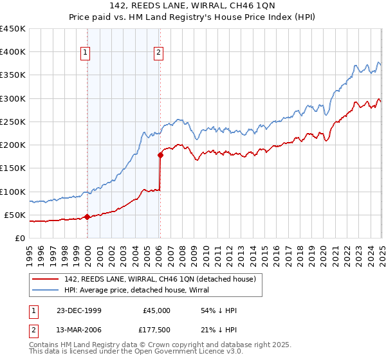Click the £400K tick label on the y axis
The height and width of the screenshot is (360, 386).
(x=13, y=52)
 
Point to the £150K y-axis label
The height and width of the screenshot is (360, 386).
(x=13, y=168)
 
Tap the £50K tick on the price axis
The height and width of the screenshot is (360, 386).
(x=15, y=215)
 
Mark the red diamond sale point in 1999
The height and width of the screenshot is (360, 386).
(x=87, y=217)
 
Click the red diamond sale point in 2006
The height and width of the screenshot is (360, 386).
(x=160, y=155)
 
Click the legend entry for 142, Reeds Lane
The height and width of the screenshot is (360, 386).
(x=161, y=279)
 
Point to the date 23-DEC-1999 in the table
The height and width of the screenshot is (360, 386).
(x=79, y=310)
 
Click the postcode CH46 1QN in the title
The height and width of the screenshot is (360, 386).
(x=256, y=7)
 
